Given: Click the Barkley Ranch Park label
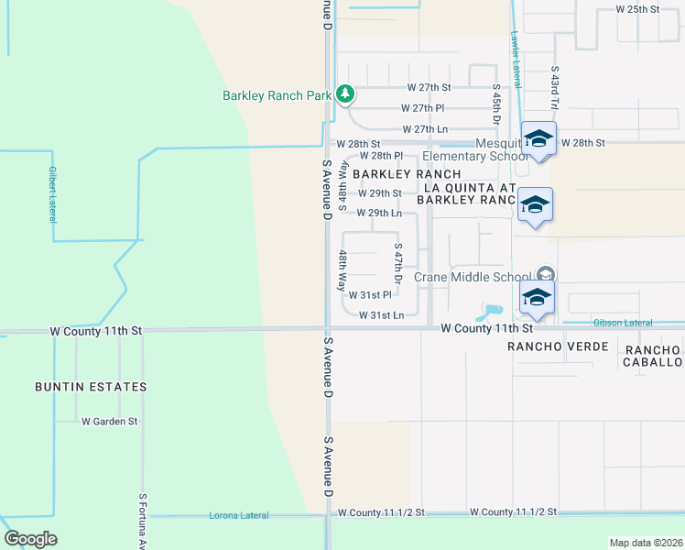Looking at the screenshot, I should tap(276, 95).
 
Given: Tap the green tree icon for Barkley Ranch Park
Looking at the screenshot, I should tap(344, 93).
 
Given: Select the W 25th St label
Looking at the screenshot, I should tap(637, 8).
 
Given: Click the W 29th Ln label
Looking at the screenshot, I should tap(379, 213).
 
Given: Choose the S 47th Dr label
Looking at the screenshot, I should tap(398, 261).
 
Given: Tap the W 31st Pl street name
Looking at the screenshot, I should tap(370, 295).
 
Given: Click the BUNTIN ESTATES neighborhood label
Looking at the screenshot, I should tap(91, 387).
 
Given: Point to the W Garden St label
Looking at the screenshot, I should tap(109, 422).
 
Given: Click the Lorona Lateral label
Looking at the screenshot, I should tap(239, 515).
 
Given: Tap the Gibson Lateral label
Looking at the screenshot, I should tap(622, 323).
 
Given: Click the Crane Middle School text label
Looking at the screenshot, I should tap(473, 277).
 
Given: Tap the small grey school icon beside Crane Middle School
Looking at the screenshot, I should tap(545, 274).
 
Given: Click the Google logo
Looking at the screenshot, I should tap(30, 539).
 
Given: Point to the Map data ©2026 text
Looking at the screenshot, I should tap(646, 542).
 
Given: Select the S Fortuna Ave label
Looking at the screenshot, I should tap(143, 522).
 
